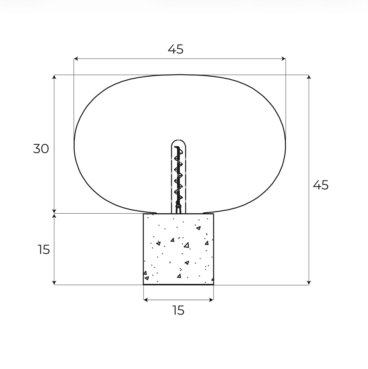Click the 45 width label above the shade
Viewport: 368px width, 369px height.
[x=176, y=49]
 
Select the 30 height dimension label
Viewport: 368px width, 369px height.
[x=41, y=149]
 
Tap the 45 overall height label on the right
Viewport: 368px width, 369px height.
[x=321, y=185]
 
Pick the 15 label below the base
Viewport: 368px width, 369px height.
[x=178, y=310]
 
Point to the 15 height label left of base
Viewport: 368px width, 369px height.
[x=44, y=250]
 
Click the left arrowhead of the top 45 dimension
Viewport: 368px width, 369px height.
[x=76, y=59]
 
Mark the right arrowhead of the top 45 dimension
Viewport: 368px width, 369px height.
[x=284, y=59]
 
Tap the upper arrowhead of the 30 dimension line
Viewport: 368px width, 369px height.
[x=54, y=77]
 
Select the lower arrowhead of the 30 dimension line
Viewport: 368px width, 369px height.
[x=54, y=211]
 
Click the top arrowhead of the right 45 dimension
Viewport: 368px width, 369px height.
[x=309, y=77]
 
